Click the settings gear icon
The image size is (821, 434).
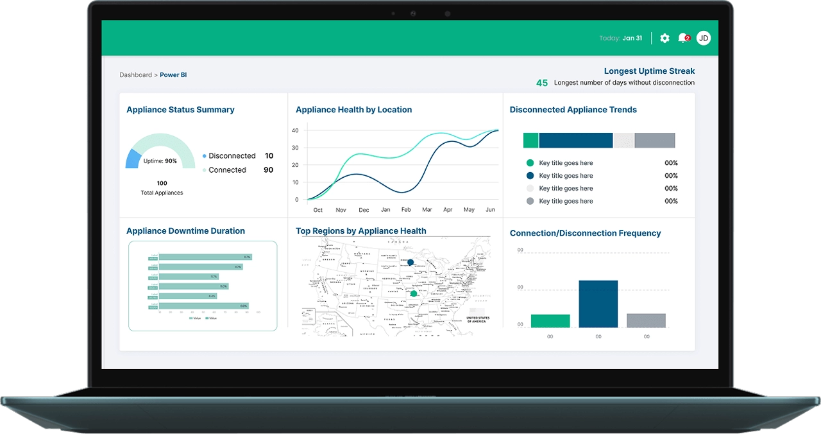[664, 39]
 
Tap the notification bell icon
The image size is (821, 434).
[683, 39]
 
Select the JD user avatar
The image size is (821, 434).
[704, 39]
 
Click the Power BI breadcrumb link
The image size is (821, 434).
[173, 75]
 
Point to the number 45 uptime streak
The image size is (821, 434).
[542, 83]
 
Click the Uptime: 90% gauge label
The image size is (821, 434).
[160, 161]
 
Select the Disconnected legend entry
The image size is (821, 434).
[232, 156]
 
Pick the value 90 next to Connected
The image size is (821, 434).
[268, 170]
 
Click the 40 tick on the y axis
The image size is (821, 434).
[295, 130]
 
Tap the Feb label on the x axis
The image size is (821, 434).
[406, 210]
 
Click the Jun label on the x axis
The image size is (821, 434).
[491, 210]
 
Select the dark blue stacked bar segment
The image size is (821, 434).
[575, 141]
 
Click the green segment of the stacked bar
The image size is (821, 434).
[530, 141]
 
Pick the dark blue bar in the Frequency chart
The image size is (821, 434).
[598, 304]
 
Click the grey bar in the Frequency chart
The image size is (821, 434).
[646, 320]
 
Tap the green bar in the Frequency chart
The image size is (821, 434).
[550, 321]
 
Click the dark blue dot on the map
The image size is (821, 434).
[410, 262]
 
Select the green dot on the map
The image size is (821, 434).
[414, 293]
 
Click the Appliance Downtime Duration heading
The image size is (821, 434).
[185, 231]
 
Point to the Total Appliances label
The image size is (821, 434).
[162, 193]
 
